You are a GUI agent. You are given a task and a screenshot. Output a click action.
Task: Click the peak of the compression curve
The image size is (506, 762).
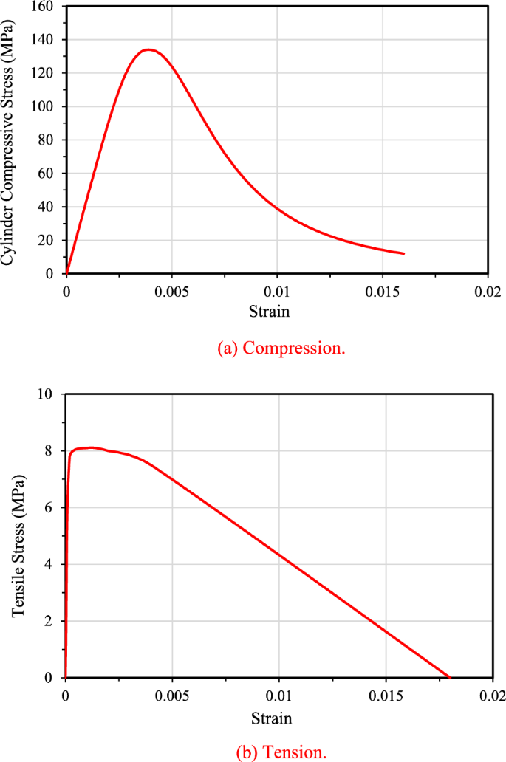coord(148,50)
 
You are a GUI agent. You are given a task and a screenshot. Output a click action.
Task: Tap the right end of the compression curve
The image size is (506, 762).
coord(403,253)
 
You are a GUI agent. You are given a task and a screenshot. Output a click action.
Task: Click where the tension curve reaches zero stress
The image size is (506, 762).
coord(449,677)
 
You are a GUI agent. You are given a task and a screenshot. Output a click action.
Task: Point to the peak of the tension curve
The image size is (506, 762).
coord(90,447)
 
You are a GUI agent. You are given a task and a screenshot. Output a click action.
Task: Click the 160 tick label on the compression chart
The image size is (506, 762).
coord(47,6)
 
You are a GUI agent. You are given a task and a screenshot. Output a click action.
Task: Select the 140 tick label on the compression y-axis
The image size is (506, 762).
coord(47,39)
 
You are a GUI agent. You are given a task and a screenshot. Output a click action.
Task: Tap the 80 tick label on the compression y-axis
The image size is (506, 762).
coord(49,140)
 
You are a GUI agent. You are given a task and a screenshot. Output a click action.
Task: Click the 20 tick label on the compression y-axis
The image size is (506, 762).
coord(49,241)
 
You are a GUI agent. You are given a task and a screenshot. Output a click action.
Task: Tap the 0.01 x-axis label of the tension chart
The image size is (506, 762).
coord(278,695)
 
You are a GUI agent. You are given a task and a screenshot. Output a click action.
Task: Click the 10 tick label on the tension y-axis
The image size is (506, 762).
coord(47,394)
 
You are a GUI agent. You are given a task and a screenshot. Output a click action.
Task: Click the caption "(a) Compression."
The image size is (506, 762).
coord(281,348)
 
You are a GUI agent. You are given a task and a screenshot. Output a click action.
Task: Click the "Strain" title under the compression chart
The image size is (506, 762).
coord(278,311)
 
